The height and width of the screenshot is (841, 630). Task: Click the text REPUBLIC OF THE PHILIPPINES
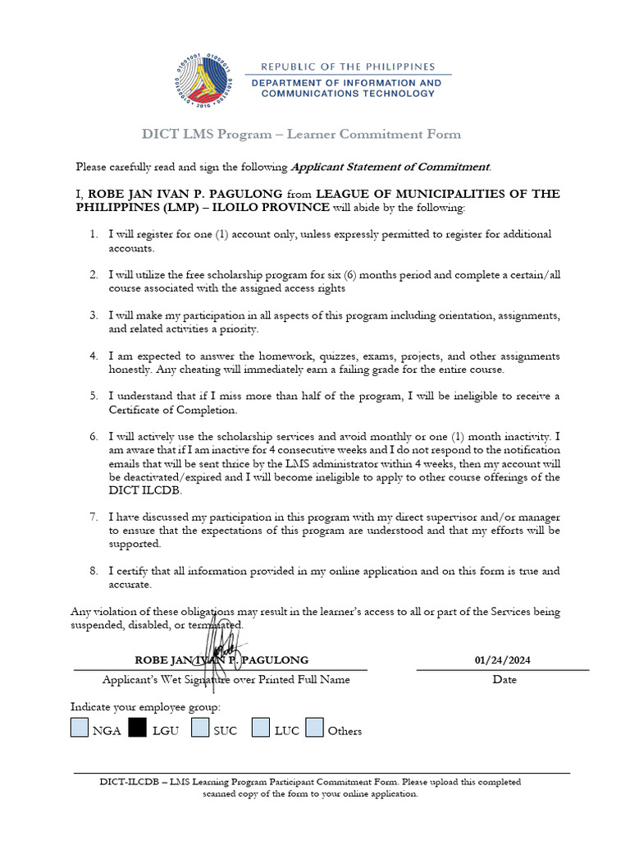click(348, 67)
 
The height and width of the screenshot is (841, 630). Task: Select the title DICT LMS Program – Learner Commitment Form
click(302, 134)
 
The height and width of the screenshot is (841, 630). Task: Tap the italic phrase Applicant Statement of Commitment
click(390, 167)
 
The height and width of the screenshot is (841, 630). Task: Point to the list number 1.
click(94, 235)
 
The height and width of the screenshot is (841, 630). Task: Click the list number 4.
click(94, 356)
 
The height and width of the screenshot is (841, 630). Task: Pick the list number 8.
click(94, 570)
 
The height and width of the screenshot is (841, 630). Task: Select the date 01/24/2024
click(503, 660)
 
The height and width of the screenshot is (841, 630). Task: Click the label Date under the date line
click(504, 680)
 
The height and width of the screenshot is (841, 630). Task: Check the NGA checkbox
click(79, 728)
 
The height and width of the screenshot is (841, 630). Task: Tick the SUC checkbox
click(200, 728)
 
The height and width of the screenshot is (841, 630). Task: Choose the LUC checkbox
click(261, 728)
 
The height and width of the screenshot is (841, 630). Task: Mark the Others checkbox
click(314, 728)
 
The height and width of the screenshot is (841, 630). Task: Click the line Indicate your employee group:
click(145, 707)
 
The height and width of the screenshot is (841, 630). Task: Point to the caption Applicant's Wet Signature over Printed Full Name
click(226, 680)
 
